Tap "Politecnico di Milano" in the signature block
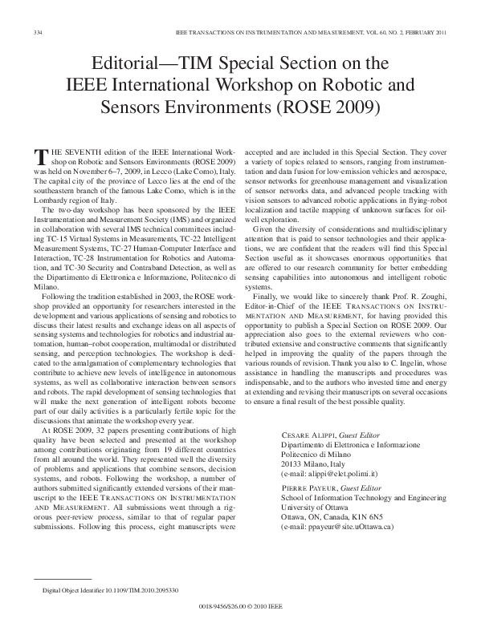(x=318, y=454)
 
